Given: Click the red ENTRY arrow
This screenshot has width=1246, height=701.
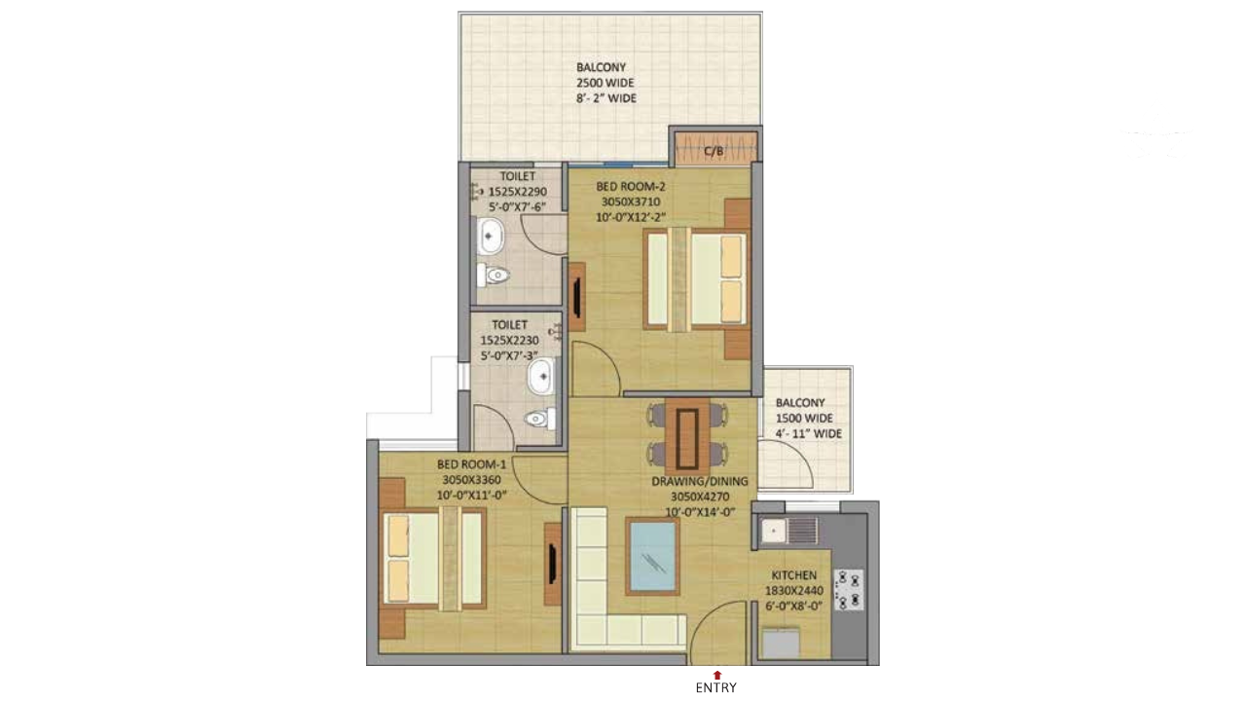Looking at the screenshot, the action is tap(717, 675).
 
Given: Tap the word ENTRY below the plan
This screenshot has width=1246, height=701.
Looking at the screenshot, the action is tap(715, 688).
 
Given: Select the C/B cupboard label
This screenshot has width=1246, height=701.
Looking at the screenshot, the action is tap(714, 151).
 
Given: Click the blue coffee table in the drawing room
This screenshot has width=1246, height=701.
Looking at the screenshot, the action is tap(652, 556).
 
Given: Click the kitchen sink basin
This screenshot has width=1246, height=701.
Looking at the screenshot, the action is tap(773, 531).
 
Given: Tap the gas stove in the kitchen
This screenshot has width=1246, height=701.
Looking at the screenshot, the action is tap(849, 590).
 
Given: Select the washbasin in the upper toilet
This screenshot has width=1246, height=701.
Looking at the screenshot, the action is tap(490, 237).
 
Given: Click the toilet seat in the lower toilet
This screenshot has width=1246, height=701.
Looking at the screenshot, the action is tap(539, 419).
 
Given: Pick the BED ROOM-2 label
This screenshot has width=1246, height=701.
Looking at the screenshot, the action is tap(631, 186).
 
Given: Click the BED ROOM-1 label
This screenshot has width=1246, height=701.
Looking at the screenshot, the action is tap(472, 464).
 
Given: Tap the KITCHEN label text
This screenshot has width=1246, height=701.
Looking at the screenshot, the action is tap(793, 574).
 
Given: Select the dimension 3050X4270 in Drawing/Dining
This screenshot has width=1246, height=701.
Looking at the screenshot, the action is tap(700, 497).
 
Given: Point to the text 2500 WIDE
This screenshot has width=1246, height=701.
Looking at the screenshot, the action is tap(605, 83).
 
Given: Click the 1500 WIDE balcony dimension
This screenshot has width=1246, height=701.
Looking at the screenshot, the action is tap(804, 418).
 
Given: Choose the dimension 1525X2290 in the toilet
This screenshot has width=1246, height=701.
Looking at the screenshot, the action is tap(517, 192).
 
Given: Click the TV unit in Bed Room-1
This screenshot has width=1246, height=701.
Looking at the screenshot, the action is tap(552, 564).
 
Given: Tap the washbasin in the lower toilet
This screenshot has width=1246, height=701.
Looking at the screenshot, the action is tap(541, 377).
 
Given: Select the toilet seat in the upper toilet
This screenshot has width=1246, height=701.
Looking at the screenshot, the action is tap(494, 275).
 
